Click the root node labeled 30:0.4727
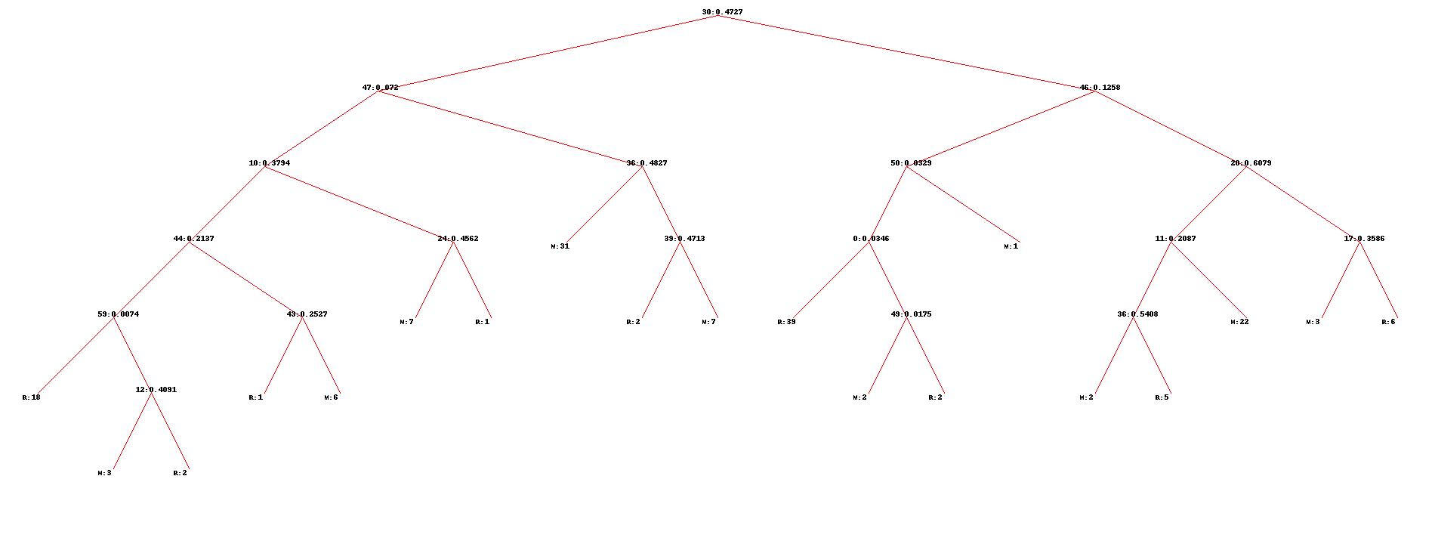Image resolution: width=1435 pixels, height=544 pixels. [x=722, y=12]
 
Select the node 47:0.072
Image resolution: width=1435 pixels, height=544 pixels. [x=380, y=88]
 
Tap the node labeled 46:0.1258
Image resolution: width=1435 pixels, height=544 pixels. [x=1100, y=88]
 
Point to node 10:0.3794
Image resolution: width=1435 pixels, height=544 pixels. [x=269, y=163]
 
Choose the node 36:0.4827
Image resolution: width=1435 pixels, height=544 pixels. [x=647, y=163]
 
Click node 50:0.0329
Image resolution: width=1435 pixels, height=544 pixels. [x=911, y=163]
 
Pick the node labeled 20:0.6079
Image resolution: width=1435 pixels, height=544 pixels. [x=1251, y=163]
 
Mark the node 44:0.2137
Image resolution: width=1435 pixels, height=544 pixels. [x=193, y=239]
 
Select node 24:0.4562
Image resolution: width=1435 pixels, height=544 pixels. [x=458, y=239]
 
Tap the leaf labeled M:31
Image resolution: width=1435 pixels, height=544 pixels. [x=560, y=246]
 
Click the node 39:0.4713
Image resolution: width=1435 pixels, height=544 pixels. [x=684, y=239]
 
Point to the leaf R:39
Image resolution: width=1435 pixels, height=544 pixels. [x=786, y=322]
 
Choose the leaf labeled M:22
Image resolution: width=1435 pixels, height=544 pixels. [x=1239, y=322]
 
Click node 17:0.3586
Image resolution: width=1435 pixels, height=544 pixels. [x=1364, y=239]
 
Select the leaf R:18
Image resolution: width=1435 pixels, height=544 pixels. [x=31, y=397]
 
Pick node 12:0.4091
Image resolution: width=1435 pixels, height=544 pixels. [x=156, y=390]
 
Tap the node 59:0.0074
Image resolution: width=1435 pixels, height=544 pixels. [x=118, y=314]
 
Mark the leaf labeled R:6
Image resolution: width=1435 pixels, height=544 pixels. [x=1388, y=322]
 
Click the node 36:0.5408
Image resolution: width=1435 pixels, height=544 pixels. [x=1137, y=314]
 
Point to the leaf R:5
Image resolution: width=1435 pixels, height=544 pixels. [x=1162, y=397]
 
